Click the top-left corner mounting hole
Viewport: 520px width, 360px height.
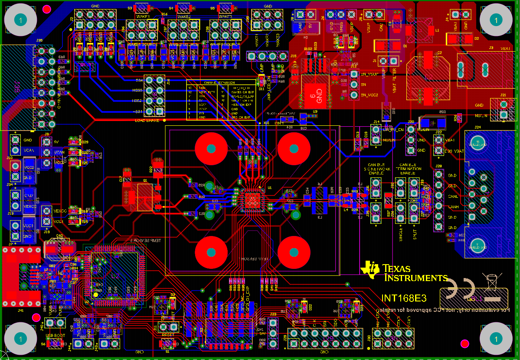tap(20, 20)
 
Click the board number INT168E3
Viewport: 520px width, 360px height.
tap(404, 298)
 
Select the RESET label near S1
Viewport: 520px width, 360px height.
tap(167, 335)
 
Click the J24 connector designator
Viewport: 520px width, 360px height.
tap(477, 128)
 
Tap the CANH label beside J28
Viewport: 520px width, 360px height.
tap(452, 207)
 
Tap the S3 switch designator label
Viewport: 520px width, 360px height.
tap(130, 8)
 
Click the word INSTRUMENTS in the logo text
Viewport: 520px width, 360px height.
tap(415, 278)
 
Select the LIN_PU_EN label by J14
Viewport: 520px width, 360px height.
tap(393, 129)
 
